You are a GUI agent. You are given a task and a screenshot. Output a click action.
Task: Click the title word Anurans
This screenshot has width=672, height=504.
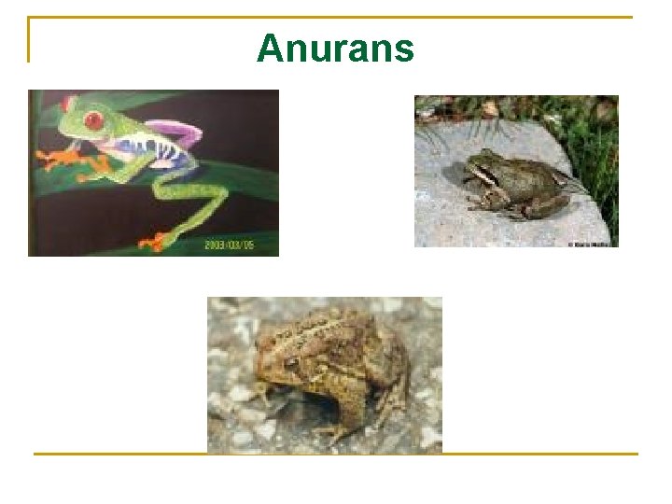(x=335, y=48)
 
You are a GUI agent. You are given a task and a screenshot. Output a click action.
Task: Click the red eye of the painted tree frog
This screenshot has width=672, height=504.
(x=93, y=119)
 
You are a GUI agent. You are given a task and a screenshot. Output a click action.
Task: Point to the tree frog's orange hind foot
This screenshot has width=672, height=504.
(x=151, y=243)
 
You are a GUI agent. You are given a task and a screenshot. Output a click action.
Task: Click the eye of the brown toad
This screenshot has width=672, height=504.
(x=292, y=360)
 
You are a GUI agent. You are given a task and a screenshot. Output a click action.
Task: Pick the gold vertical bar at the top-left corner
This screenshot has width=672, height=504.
(x=29, y=39)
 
